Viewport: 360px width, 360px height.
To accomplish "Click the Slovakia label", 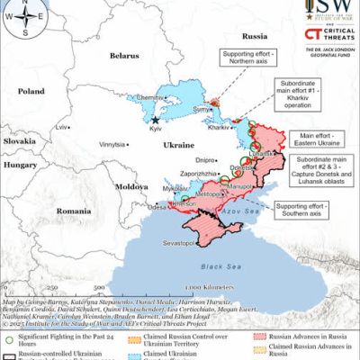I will point(19,141).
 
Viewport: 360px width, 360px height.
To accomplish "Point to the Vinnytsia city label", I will point(112,143).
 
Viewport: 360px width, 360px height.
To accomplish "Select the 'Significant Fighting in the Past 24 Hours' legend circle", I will point(8,317).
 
